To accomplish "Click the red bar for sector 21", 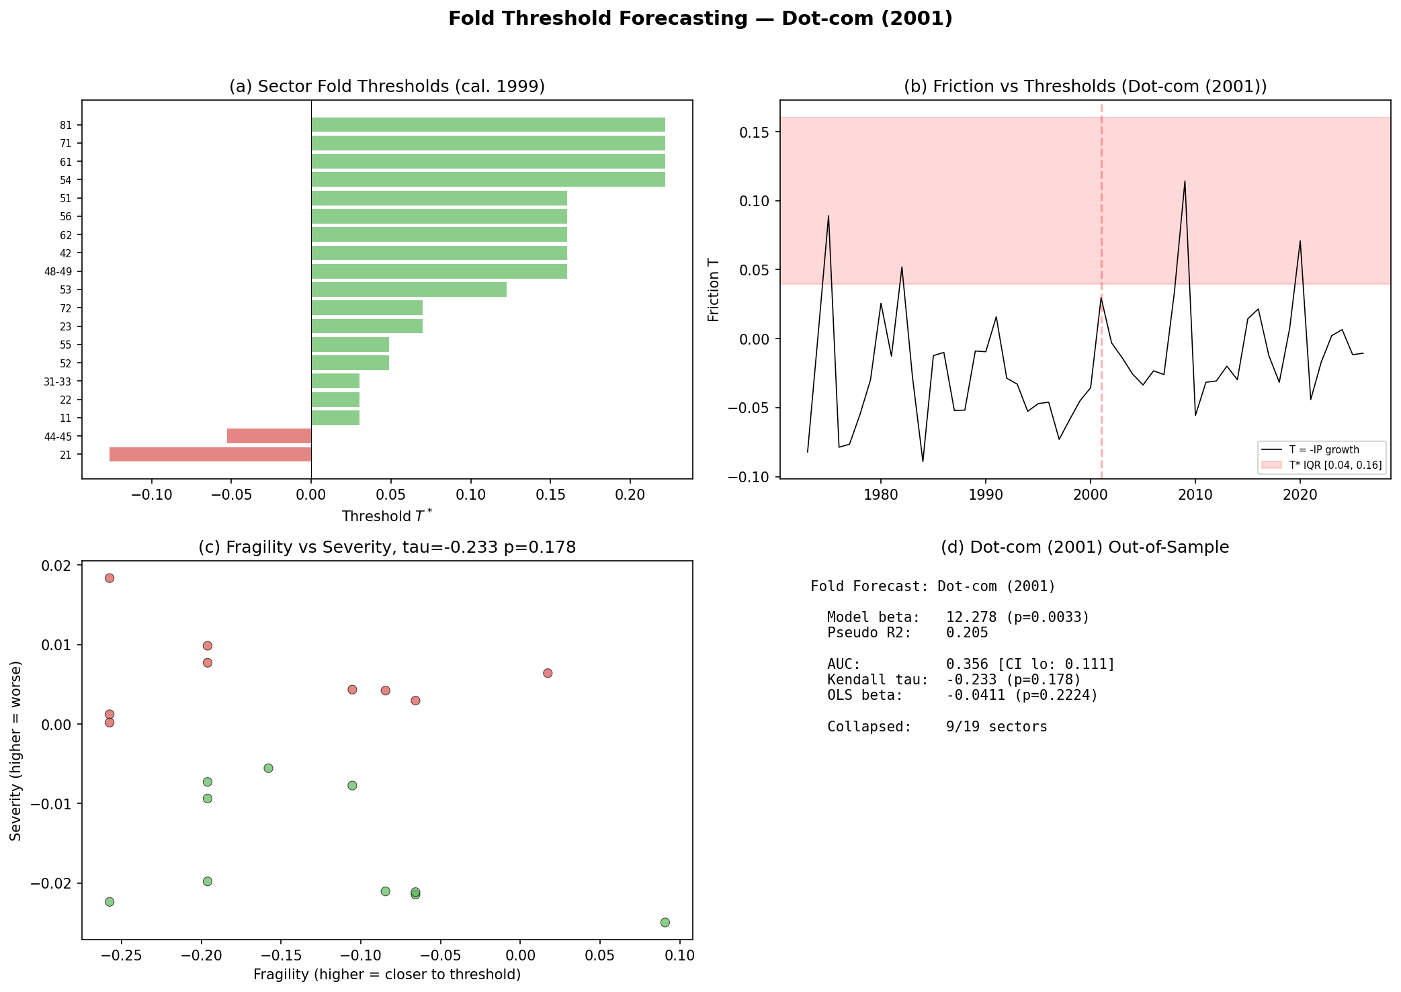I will (x=210, y=455).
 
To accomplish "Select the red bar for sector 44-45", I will (x=269, y=436).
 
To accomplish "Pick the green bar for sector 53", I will (x=409, y=289).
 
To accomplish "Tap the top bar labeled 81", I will (x=488, y=125).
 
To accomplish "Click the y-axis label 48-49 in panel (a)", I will (x=62, y=272).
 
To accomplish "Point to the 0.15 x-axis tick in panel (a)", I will (x=550, y=496).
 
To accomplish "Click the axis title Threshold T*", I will (x=387, y=516).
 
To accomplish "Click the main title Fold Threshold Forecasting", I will (x=700, y=19).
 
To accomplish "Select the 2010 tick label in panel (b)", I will (x=1195, y=496).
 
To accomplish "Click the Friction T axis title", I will (x=714, y=289).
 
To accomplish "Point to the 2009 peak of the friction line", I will (x=1185, y=181).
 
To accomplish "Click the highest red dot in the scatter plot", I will (x=110, y=578).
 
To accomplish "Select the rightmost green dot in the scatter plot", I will (x=665, y=922).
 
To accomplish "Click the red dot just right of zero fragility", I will (x=548, y=673).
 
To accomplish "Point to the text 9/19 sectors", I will (x=996, y=727).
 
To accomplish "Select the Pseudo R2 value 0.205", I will (x=967, y=633).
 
